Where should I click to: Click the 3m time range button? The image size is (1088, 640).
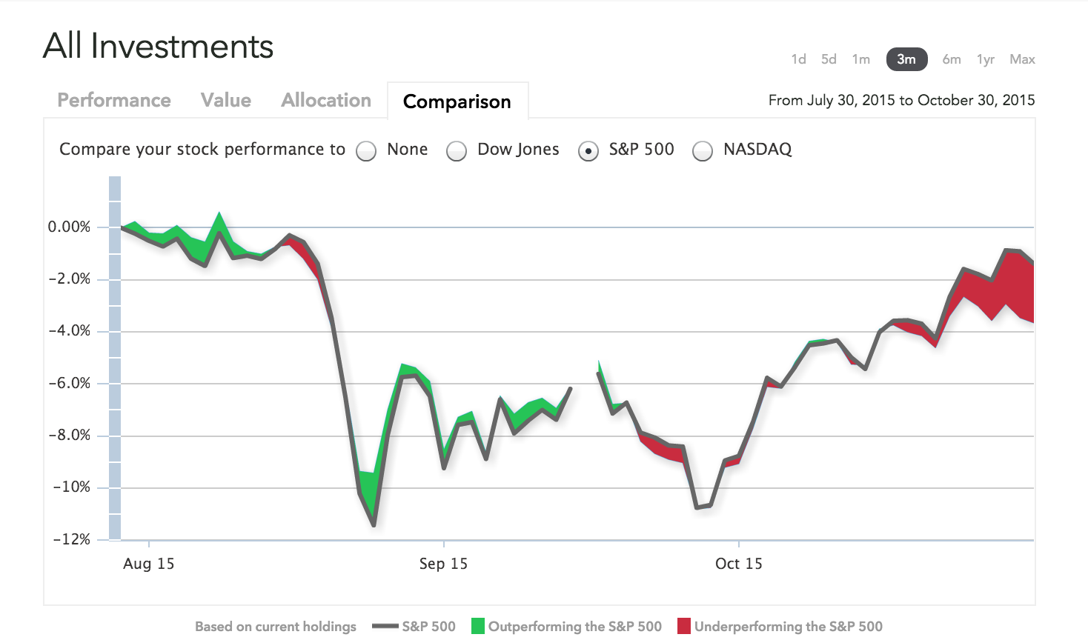click(906, 59)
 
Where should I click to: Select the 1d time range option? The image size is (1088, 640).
click(798, 59)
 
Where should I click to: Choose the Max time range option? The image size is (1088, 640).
click(1022, 59)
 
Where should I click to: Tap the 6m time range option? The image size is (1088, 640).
click(952, 59)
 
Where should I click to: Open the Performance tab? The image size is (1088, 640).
click(114, 101)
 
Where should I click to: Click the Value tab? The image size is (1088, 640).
click(226, 101)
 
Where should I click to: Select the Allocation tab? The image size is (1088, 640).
click(326, 101)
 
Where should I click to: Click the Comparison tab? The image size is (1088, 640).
click(457, 101)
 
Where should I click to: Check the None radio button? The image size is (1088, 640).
click(366, 151)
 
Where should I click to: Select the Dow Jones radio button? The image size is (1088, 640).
click(457, 151)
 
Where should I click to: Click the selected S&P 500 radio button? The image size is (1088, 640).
click(588, 151)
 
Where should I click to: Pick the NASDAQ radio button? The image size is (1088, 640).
click(703, 151)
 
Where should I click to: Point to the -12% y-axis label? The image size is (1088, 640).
click(71, 539)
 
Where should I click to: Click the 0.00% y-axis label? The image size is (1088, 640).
click(69, 227)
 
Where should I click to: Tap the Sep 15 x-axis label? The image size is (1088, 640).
click(443, 564)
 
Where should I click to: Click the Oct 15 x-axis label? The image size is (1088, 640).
click(739, 564)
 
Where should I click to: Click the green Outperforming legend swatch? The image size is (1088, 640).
click(478, 626)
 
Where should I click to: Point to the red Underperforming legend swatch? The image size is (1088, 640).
click(684, 626)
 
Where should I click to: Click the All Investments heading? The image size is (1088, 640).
click(159, 46)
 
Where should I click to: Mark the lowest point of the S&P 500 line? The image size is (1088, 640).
click(374, 525)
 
